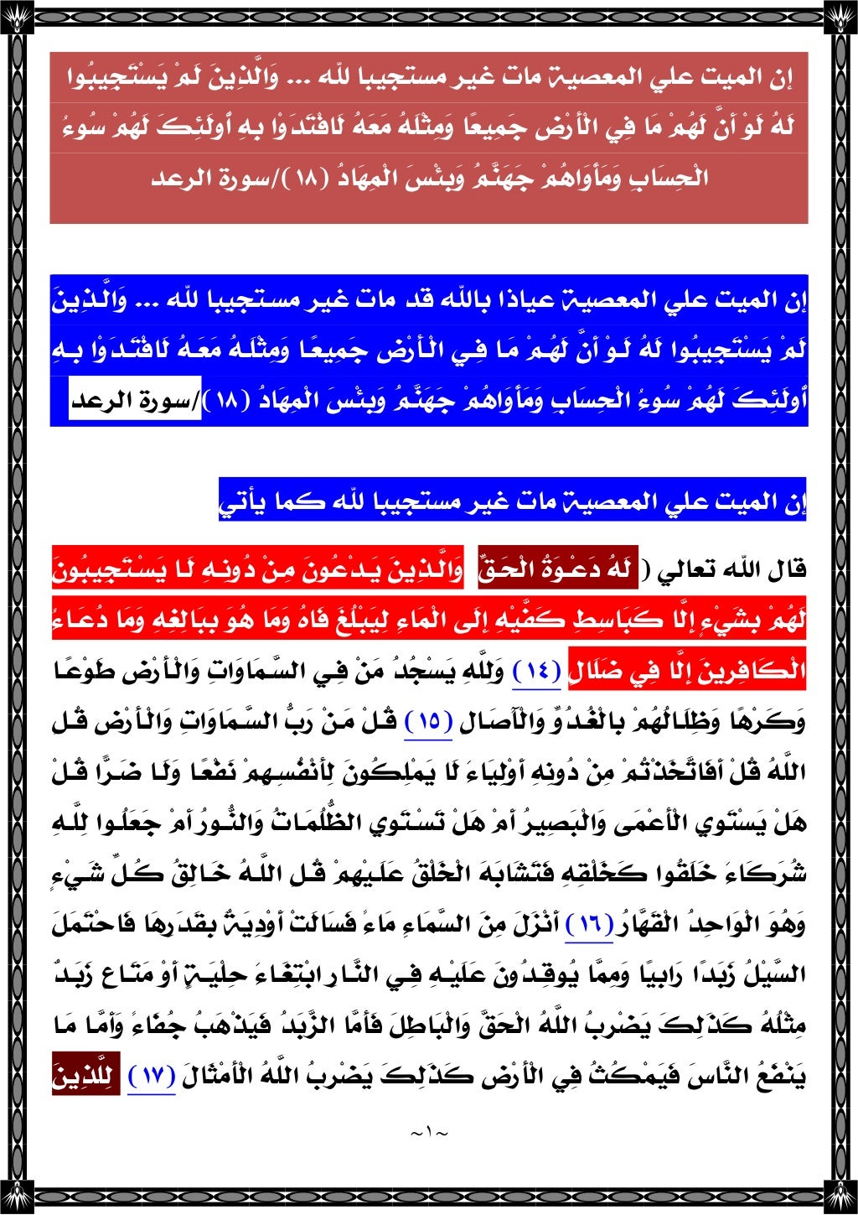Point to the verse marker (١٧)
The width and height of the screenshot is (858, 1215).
[152, 1077]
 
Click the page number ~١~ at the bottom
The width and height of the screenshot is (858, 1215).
[429, 1133]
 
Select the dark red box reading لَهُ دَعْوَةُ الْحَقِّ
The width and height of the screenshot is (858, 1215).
[554, 570]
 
